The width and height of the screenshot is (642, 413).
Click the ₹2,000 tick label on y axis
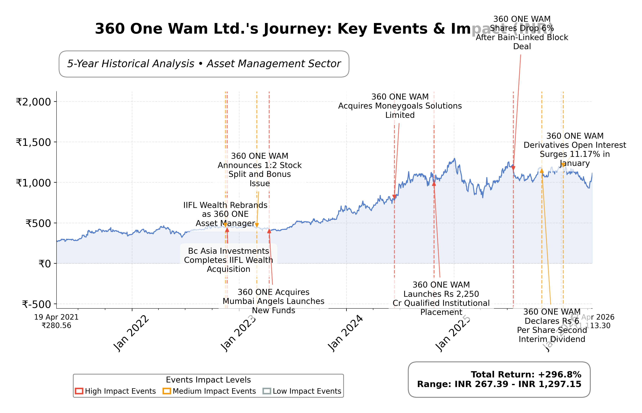pos(33,102)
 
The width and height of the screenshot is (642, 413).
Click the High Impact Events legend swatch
pos(79,391)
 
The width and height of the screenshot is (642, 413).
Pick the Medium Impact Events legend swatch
pos(167,391)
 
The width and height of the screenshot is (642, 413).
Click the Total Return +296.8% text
pos(526,374)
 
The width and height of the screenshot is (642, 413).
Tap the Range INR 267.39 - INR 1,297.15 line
pos(499,384)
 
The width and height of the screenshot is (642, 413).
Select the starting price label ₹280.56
pos(56,326)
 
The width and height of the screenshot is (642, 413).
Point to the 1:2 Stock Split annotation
pos(260,170)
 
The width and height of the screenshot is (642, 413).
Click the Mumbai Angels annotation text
pos(273,301)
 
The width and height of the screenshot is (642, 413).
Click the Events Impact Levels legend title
pos(208,380)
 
